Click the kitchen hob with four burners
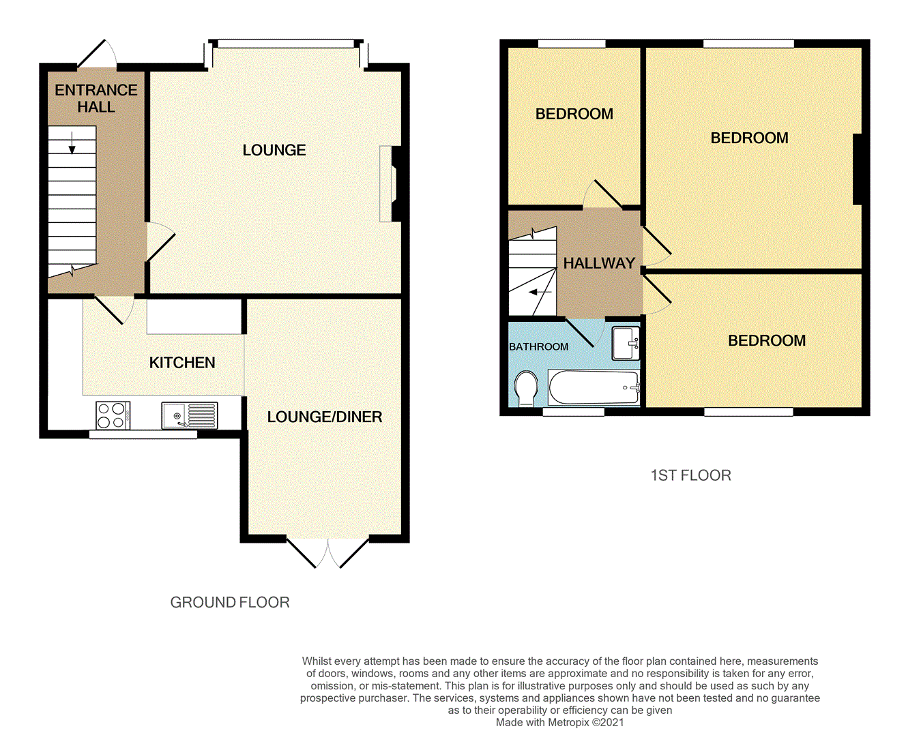pos(113,415)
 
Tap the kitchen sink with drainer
pos(190,415)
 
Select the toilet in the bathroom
pos(526,388)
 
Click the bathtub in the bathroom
pos(594,387)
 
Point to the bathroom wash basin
pos(625,343)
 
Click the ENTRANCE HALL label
pos(96,98)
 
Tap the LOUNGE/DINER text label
pos(324,417)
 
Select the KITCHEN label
pos(182,363)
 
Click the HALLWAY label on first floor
pos(599,263)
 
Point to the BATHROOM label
pos(538,346)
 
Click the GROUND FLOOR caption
pos(230,602)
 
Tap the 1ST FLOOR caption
pos(690,475)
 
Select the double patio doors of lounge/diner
pos(328,552)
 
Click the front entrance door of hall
pos(96,55)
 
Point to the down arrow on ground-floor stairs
pos(72,143)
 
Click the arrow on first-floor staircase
pos(540,293)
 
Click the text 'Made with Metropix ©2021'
pos(559,722)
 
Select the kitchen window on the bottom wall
pos(143,434)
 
